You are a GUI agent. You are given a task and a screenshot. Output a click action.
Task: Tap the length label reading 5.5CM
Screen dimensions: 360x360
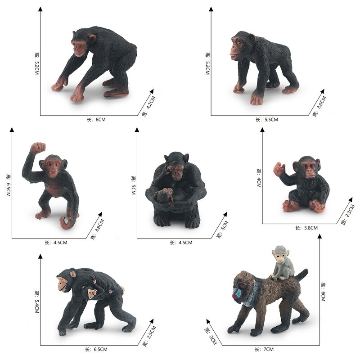tap(267, 120)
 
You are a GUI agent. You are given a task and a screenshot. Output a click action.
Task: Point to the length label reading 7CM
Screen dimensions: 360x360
tap(265, 349)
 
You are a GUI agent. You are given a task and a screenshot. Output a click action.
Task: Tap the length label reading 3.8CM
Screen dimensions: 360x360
tap(306, 228)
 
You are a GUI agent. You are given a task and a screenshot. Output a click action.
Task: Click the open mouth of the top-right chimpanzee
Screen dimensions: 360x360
tap(234, 57)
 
